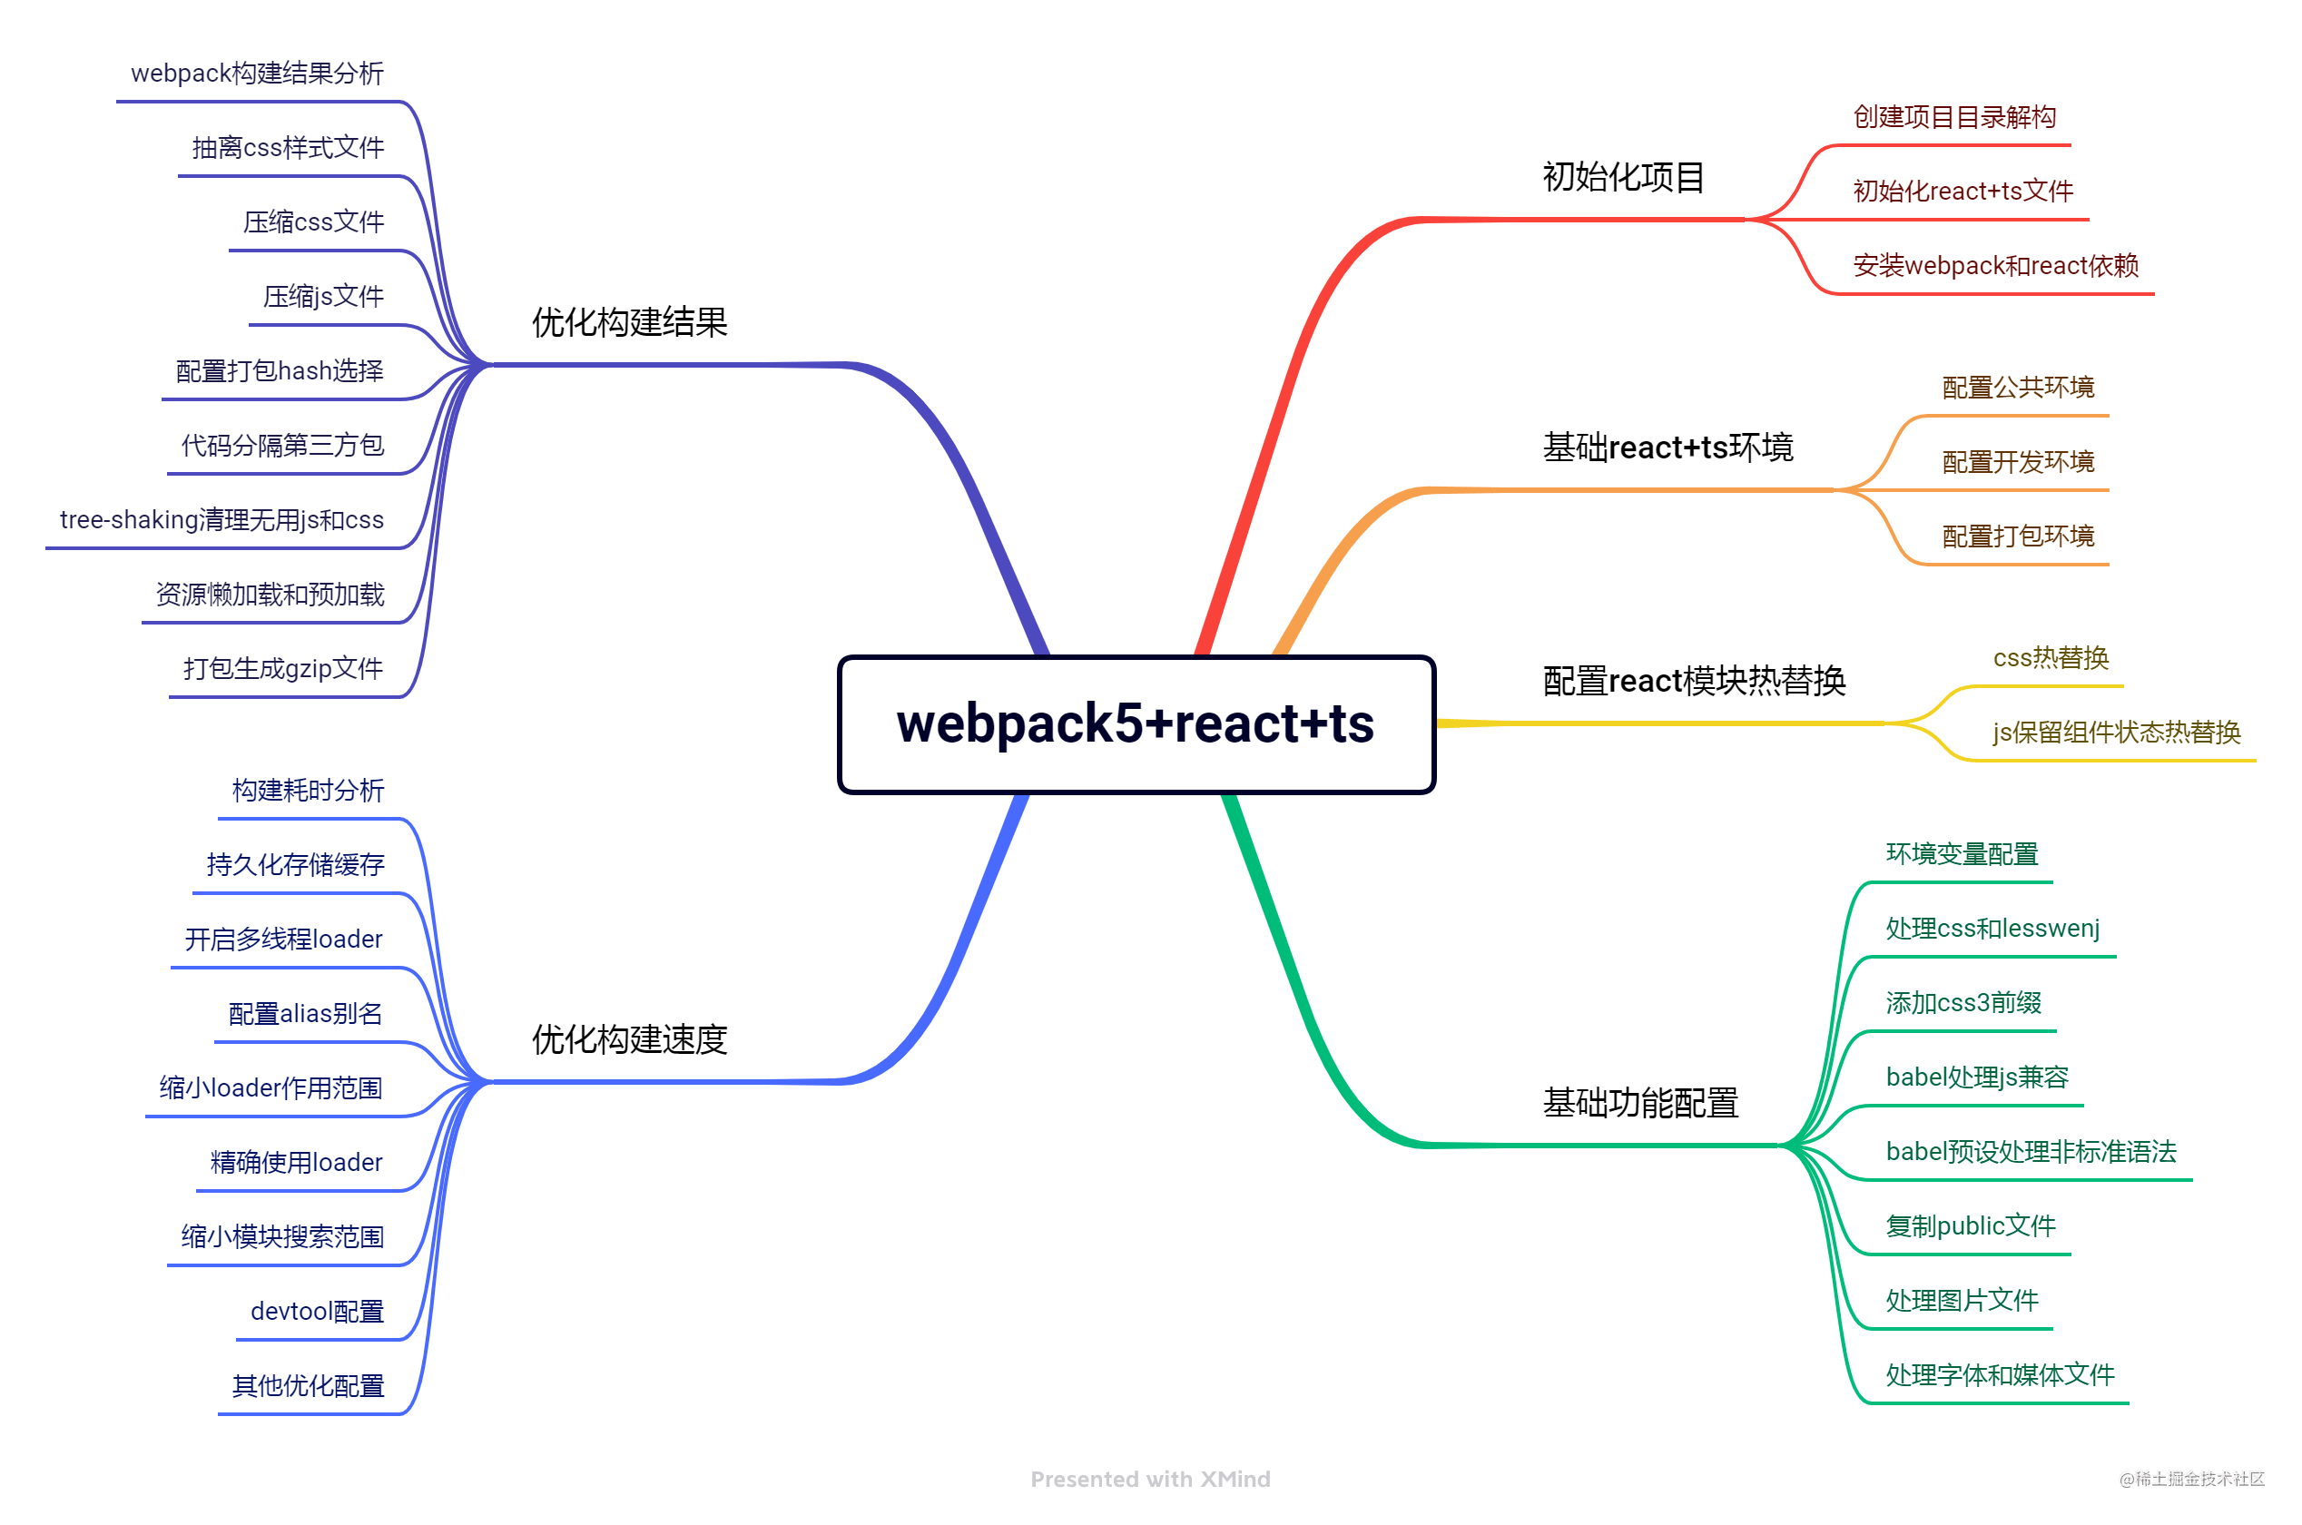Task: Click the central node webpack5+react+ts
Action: pyautogui.click(x=1135, y=723)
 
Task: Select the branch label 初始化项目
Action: pyautogui.click(x=1623, y=177)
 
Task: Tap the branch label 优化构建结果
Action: pyautogui.click(x=629, y=322)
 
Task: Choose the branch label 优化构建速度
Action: pyautogui.click(x=629, y=1038)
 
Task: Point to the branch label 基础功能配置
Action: pyautogui.click(x=1639, y=1102)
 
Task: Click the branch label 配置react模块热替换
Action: pyautogui.click(x=1693, y=680)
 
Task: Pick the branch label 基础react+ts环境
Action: pyautogui.click(x=1667, y=447)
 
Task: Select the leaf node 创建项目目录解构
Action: pyautogui.click(x=1953, y=117)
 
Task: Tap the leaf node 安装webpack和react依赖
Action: pyautogui.click(x=1994, y=265)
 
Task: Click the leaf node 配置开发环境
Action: pyautogui.click(x=2017, y=461)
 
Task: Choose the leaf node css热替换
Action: pyautogui.click(x=2051, y=657)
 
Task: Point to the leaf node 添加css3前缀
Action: pyautogui.click(x=1963, y=1002)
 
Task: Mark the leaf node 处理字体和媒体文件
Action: pyautogui.click(x=1999, y=1374)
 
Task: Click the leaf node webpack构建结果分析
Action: pyautogui.click(x=257, y=73)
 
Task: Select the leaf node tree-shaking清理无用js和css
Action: pyautogui.click(x=221, y=519)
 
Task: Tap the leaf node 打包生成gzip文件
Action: pyautogui.click(x=283, y=668)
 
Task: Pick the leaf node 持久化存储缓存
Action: pyautogui.click(x=296, y=863)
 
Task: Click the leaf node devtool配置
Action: pyautogui.click(x=317, y=1311)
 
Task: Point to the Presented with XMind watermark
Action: pyautogui.click(x=1149, y=1479)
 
